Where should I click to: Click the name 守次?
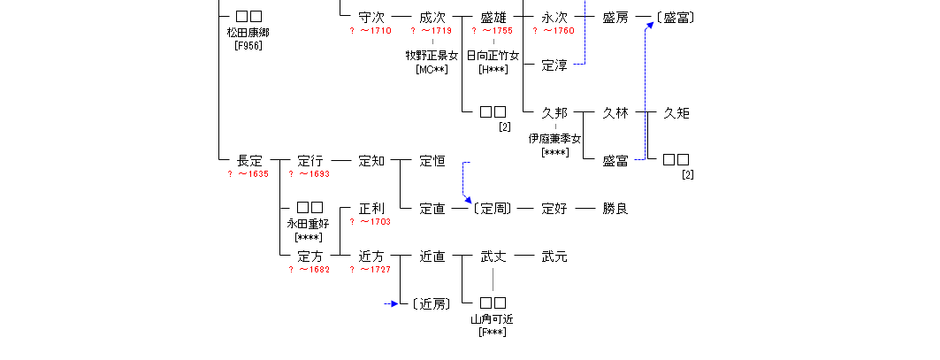pyautogui.click(x=371, y=17)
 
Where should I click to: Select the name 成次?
pyautogui.click(x=432, y=17)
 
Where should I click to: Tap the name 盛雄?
pyautogui.click(x=493, y=17)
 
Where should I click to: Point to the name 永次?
pyautogui.click(x=554, y=17)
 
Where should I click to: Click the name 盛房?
pyautogui.click(x=615, y=17)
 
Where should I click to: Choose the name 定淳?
pyautogui.click(x=554, y=65)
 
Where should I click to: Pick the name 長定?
pyautogui.click(x=249, y=161)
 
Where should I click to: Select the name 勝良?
pyautogui.click(x=615, y=209)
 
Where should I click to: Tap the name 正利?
pyautogui.click(x=371, y=209)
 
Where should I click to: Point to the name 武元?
pyautogui.click(x=554, y=257)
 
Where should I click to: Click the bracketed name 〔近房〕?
pyautogui.click(x=432, y=304)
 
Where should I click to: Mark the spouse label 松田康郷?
pyautogui.click(x=248, y=32)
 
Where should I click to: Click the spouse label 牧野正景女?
pyautogui.click(x=432, y=56)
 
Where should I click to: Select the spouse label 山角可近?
pyautogui.click(x=493, y=318)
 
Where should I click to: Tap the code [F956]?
pyautogui.click(x=248, y=44)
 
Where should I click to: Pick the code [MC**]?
pyautogui.click(x=432, y=69)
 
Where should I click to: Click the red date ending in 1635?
pyautogui.click(x=248, y=174)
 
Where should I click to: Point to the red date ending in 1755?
pyautogui.click(x=493, y=31)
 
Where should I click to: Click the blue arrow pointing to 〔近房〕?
pyautogui.click(x=393, y=304)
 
